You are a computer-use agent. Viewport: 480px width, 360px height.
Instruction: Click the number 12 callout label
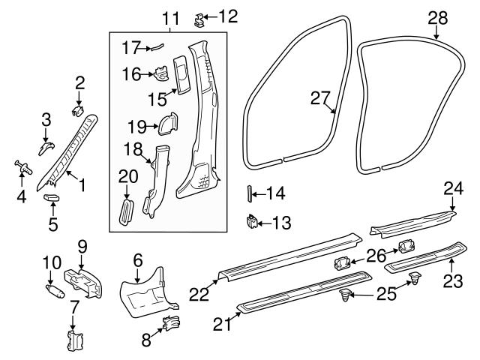click(227, 15)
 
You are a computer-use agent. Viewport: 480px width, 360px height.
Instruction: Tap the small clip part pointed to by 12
click(200, 16)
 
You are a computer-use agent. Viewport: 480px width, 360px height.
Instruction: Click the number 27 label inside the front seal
click(320, 97)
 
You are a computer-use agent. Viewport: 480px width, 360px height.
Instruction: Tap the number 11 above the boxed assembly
click(171, 16)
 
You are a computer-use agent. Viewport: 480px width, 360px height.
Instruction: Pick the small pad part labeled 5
click(52, 197)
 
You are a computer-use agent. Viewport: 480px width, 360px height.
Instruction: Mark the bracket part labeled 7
click(74, 338)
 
